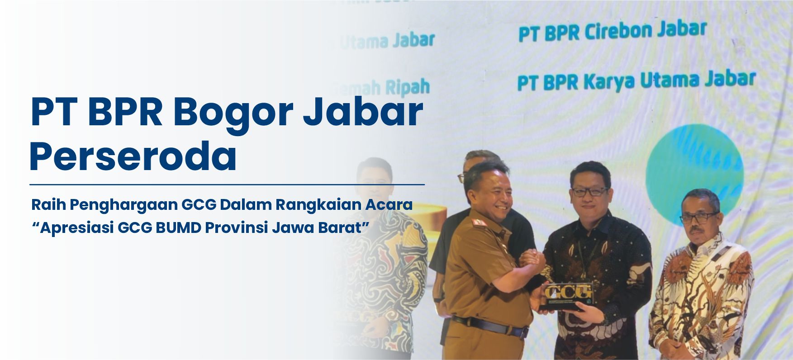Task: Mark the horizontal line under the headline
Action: [x=227, y=185]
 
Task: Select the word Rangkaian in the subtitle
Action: [x=313, y=205]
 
